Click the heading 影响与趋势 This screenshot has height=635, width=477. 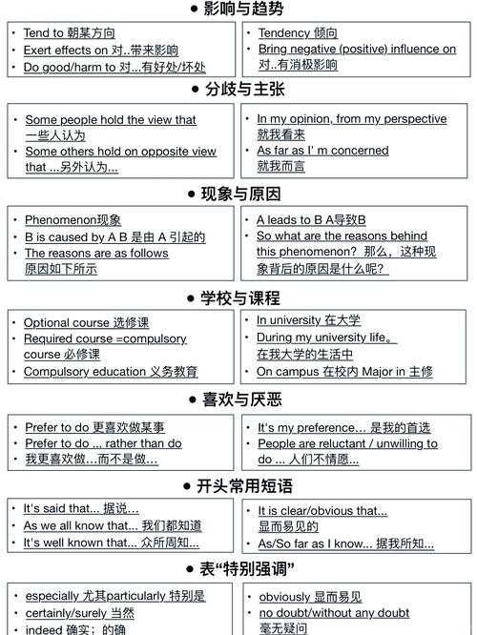pyautogui.click(x=244, y=10)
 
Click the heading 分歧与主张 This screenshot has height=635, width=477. pyautogui.click(x=244, y=90)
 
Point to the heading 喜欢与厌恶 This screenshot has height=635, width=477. pyautogui.click(x=242, y=399)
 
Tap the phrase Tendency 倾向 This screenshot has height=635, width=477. pyautogui.click(x=298, y=33)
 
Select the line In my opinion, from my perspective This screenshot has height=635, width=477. pyautogui.click(x=351, y=119)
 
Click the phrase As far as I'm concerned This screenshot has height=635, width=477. pyautogui.click(x=322, y=151)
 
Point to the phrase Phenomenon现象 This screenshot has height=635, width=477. pyautogui.click(x=73, y=220)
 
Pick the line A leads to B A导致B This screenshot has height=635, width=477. pyautogui.click(x=311, y=220)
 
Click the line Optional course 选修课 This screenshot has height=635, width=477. pyautogui.click(x=86, y=323)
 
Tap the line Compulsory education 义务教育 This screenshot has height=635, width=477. pyautogui.click(x=111, y=372)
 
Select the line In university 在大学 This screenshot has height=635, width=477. pyautogui.click(x=308, y=320)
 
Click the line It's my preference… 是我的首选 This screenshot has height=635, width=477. pyautogui.click(x=343, y=428)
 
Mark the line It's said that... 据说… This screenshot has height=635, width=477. pyautogui.click(x=81, y=509)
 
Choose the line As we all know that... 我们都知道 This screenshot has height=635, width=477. pyautogui.click(x=113, y=526)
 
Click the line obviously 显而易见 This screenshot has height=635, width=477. pyautogui.click(x=311, y=597)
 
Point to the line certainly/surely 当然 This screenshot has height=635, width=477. pyautogui.click(x=80, y=613)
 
